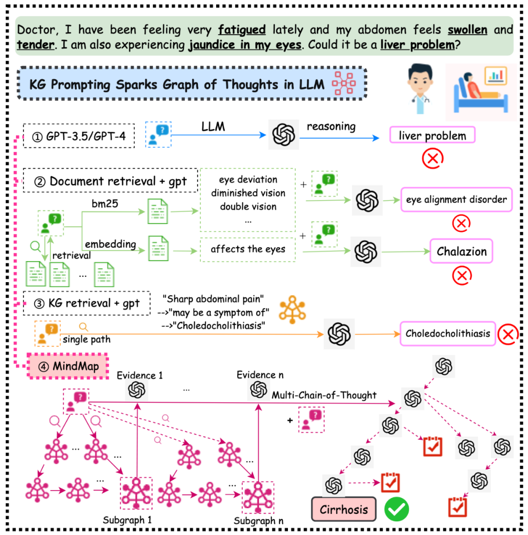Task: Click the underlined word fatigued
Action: pos(242,30)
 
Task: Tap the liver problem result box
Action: pos(432,136)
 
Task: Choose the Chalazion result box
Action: pos(462,252)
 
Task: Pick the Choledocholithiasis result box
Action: pos(447,334)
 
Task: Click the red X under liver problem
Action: pos(433,158)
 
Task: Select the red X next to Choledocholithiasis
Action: pos(508,334)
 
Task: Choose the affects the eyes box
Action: pos(248,249)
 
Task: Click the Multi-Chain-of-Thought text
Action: pos(324,395)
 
